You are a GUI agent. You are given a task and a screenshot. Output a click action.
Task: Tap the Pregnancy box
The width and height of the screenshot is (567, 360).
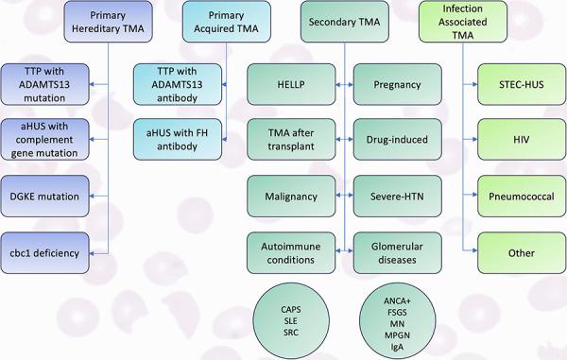pos(395,84)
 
